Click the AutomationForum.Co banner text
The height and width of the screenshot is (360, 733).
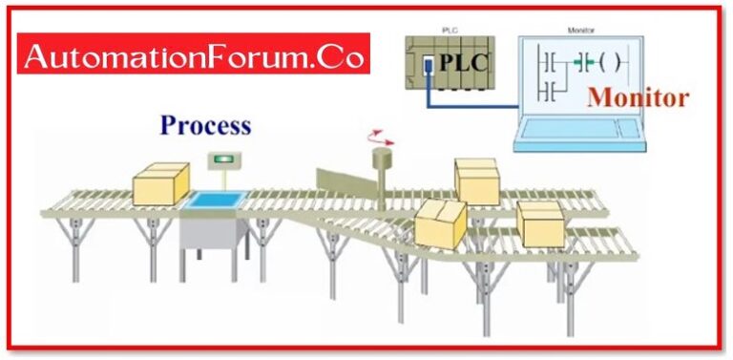195,58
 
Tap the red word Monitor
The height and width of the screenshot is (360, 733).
637,96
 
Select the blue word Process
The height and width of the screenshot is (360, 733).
205,125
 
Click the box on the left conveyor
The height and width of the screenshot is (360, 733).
160,183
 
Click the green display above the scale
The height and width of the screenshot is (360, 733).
226,158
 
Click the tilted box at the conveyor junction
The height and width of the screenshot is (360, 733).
440,222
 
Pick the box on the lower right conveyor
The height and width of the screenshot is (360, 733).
540,223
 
